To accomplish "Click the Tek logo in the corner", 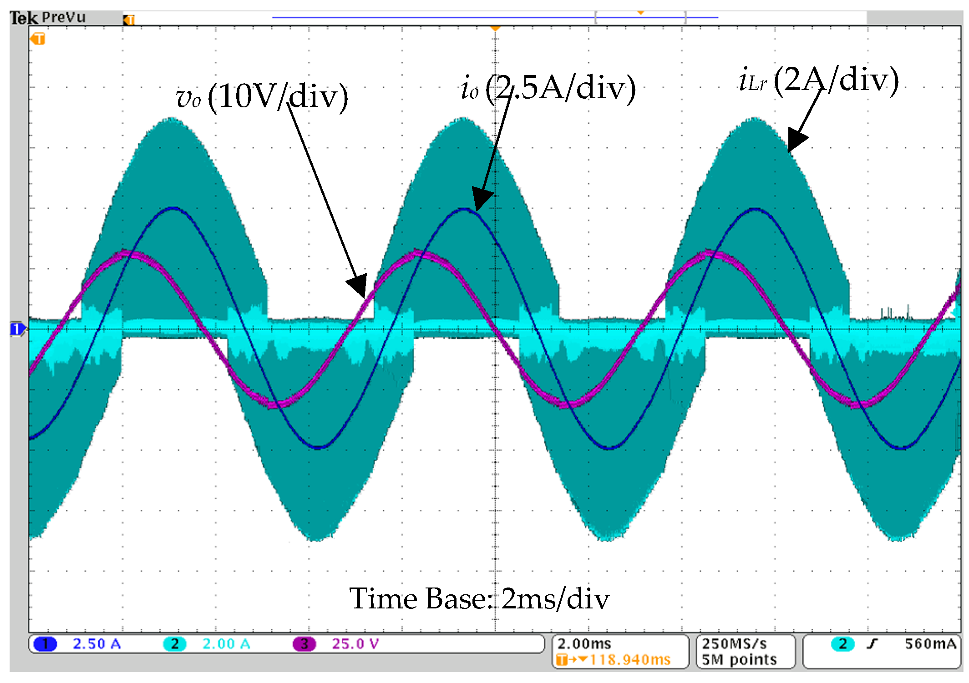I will coord(23,18).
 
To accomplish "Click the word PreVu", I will coord(64,18).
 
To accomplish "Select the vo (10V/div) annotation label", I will coord(262,97).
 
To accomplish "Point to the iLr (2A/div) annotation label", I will coord(818,80).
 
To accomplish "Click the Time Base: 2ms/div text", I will coord(479,598).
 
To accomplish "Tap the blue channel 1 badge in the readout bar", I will coord(45,644).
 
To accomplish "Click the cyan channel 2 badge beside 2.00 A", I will coord(174,644).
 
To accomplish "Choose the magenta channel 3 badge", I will coord(304,644).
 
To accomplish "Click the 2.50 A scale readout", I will coord(96,644).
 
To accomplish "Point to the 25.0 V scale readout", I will coord(355,644).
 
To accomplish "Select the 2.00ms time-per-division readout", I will coord(584,644).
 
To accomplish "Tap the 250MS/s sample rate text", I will coord(734,644).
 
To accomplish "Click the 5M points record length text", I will coord(739,660).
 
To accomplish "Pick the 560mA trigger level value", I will coord(930,644).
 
